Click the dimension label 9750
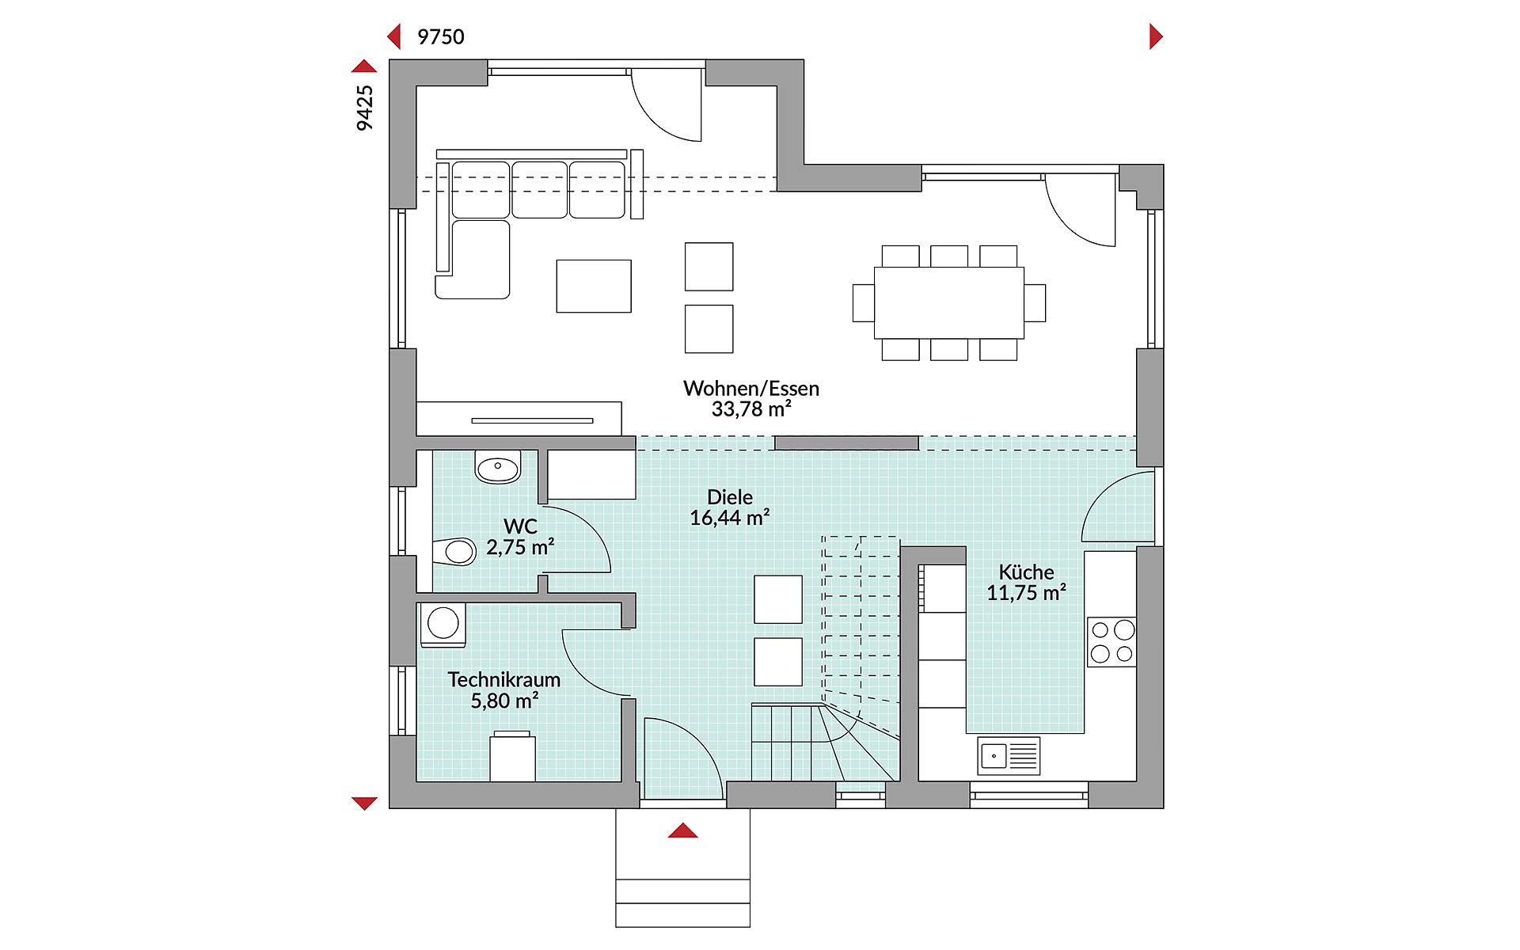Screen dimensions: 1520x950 (441, 36)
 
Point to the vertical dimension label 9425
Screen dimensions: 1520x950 (364, 108)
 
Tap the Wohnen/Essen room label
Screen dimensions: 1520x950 (751, 388)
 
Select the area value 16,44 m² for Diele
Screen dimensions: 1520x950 (730, 518)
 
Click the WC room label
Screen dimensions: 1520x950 (521, 526)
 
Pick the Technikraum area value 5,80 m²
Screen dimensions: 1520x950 (505, 701)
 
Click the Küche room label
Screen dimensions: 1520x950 (1026, 572)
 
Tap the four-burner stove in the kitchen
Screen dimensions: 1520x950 (1112, 642)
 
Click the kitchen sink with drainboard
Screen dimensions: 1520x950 (1009, 756)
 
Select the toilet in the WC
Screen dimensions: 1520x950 (454, 551)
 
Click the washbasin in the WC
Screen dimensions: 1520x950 (498, 467)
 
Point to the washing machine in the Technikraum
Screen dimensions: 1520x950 (443, 625)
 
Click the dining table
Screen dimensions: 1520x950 (948, 302)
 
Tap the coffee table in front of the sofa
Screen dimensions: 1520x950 (594, 286)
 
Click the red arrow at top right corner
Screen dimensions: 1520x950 (1156, 36)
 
